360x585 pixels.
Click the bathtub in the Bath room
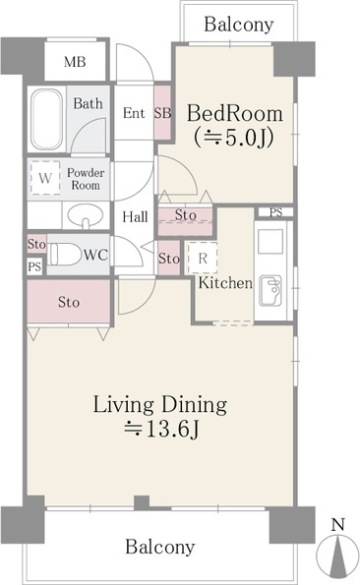46,119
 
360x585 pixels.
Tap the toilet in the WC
65,254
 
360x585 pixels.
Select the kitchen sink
270,291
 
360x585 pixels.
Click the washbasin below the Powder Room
86,215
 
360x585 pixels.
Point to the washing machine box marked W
45,178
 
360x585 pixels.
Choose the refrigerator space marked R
203,259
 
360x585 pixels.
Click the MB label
75,62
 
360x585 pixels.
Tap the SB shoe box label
162,112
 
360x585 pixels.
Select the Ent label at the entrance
134,113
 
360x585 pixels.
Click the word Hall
135,216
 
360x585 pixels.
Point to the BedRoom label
235,113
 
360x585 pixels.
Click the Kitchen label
225,283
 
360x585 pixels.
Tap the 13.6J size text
162,430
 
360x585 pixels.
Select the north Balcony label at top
239,25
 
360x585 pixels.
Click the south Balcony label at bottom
160,547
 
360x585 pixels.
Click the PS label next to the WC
34,266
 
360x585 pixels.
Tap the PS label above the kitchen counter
276,212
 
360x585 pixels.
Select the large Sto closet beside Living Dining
69,302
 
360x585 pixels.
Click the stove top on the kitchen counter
270,242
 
